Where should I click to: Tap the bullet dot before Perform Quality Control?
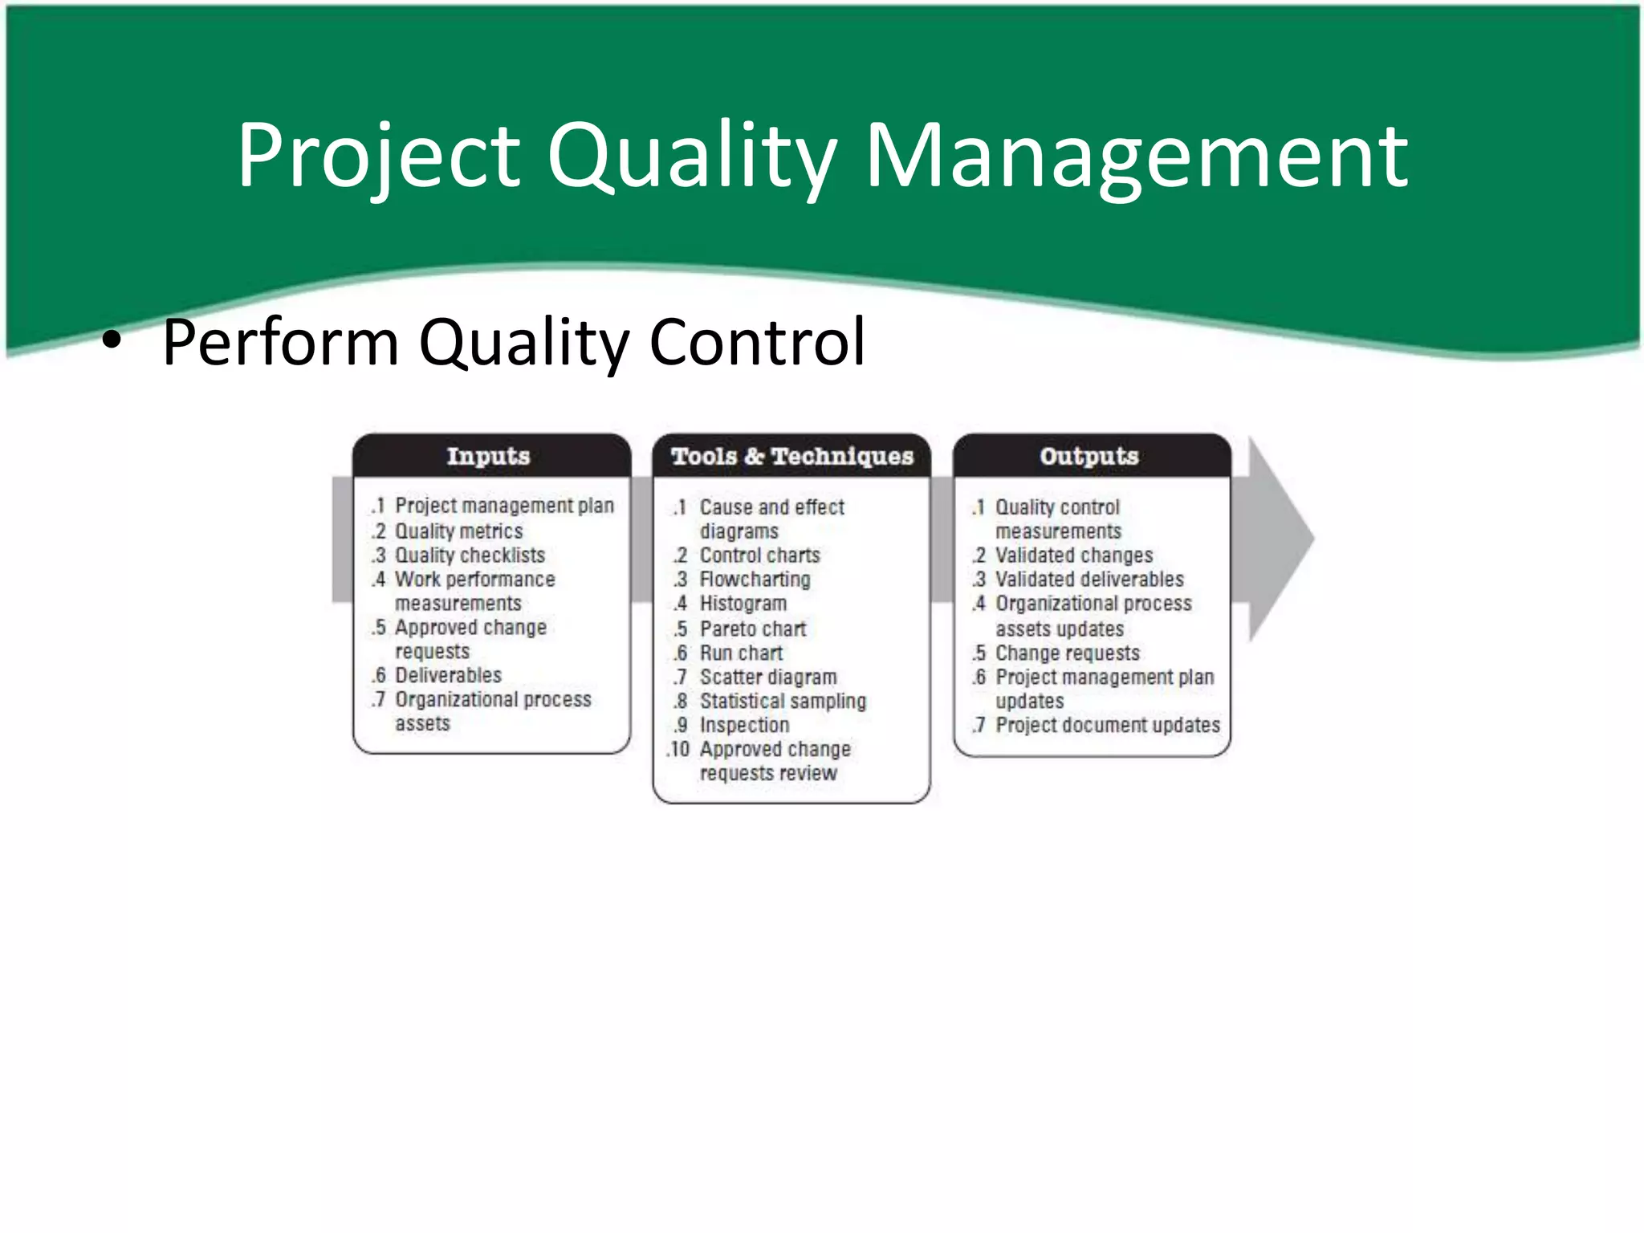coord(112,343)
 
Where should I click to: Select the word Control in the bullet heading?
coord(757,343)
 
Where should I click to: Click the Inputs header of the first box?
coord(489,456)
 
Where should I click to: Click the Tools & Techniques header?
coord(792,456)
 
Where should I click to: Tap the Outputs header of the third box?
coord(1089,456)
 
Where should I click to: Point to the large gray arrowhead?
coord(1280,539)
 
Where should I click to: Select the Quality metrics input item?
coord(458,531)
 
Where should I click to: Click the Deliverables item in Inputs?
coord(448,675)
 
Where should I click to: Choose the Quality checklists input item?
coord(470,555)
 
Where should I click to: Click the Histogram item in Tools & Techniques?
coord(743,604)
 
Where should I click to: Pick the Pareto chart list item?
coord(752,629)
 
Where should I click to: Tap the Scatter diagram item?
coord(767,677)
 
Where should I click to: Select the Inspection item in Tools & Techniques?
coord(744,725)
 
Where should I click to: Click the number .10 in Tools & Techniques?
coord(678,749)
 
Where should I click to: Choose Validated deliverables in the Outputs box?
coord(1089,580)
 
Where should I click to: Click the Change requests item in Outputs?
coord(1067,653)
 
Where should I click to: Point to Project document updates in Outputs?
coord(1107,725)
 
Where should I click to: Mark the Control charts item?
coord(759,555)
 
